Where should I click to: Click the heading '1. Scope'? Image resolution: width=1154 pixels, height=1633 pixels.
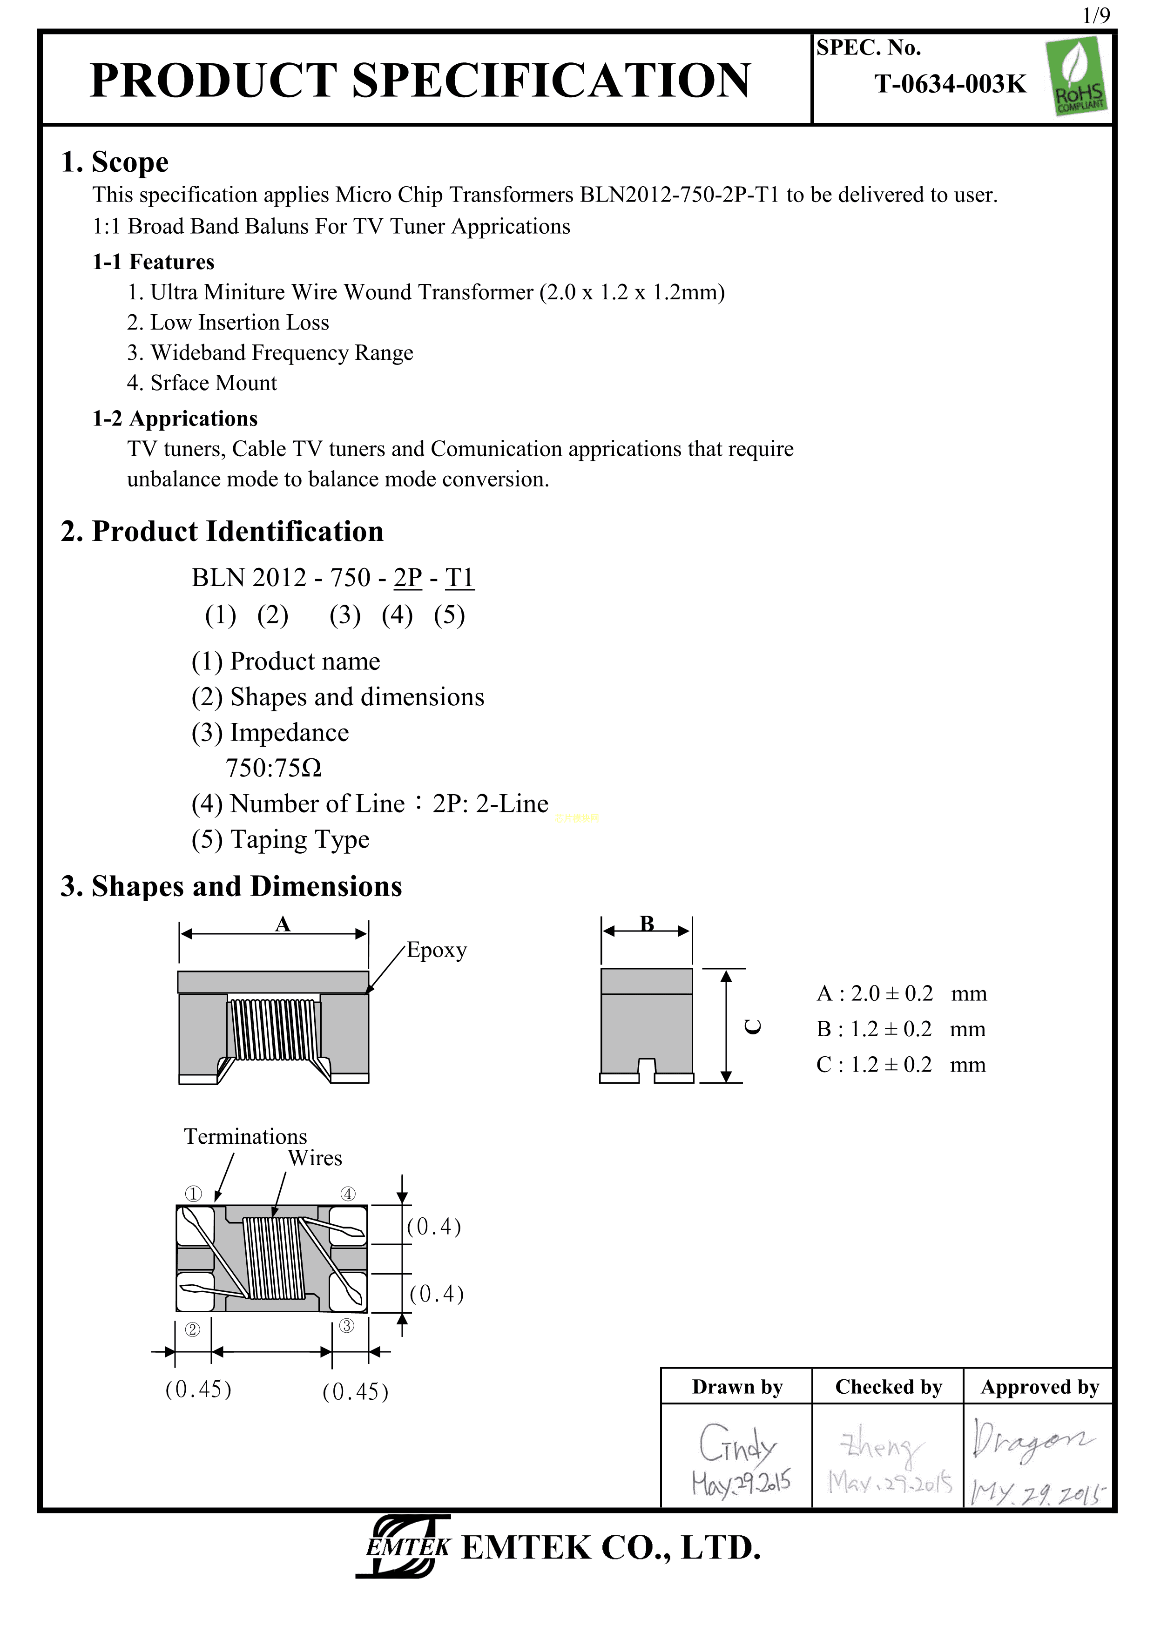tap(115, 162)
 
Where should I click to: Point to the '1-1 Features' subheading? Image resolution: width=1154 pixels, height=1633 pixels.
tap(153, 262)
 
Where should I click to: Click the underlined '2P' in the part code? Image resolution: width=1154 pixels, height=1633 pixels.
tap(407, 578)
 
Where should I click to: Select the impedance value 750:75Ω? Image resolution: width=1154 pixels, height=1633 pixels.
tap(274, 768)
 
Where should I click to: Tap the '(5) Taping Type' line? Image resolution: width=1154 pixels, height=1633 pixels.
tap(280, 839)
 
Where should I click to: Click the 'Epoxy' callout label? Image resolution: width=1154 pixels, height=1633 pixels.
tap(437, 950)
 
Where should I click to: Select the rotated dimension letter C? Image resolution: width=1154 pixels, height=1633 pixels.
tap(752, 1026)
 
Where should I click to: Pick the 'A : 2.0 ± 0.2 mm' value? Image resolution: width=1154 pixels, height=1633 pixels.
tap(901, 993)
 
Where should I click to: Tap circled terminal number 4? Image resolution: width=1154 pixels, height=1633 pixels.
tap(348, 1194)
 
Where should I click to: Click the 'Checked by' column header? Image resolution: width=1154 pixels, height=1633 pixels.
tap(888, 1387)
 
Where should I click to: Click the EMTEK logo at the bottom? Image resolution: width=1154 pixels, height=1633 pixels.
tap(405, 1547)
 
